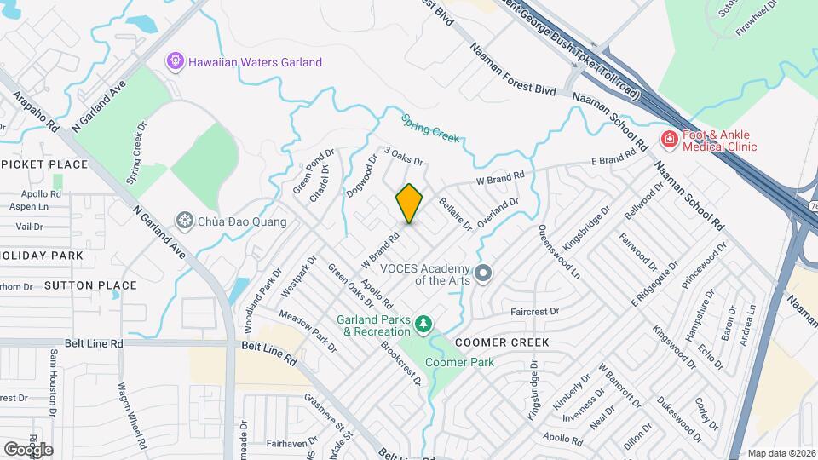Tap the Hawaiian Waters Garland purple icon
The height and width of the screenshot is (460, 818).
[x=175, y=61]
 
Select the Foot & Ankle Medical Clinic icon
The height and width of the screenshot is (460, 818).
[x=669, y=140]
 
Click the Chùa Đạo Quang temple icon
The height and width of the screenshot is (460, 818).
[x=183, y=221]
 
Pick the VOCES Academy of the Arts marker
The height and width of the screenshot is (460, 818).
[x=484, y=273]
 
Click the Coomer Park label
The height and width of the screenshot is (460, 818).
[x=459, y=362]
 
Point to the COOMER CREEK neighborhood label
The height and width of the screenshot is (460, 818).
[x=501, y=342]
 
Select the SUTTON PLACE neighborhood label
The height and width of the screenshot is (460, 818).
[x=91, y=285]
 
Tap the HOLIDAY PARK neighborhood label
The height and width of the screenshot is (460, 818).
[x=43, y=256]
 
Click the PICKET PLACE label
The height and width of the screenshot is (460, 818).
[x=44, y=164]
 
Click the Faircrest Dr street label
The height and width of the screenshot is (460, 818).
[x=534, y=312]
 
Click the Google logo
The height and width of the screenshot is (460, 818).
[x=28, y=449]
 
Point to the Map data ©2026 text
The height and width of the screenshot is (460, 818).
[x=781, y=453]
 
